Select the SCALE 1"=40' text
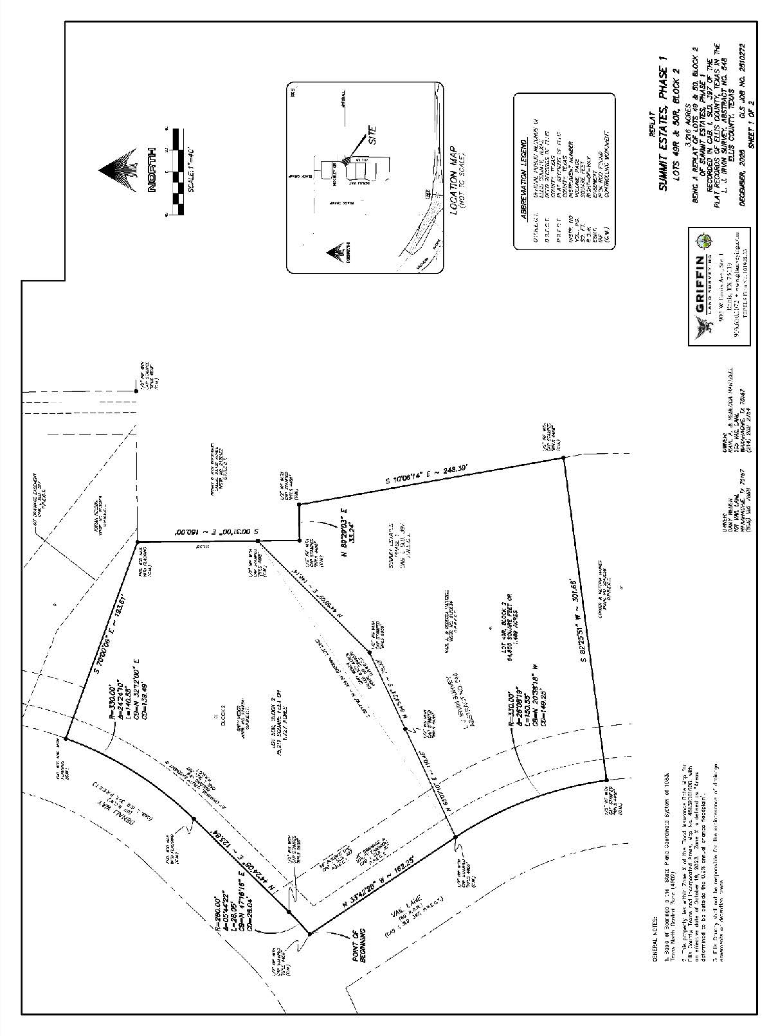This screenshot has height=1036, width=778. pyautogui.click(x=191, y=171)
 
